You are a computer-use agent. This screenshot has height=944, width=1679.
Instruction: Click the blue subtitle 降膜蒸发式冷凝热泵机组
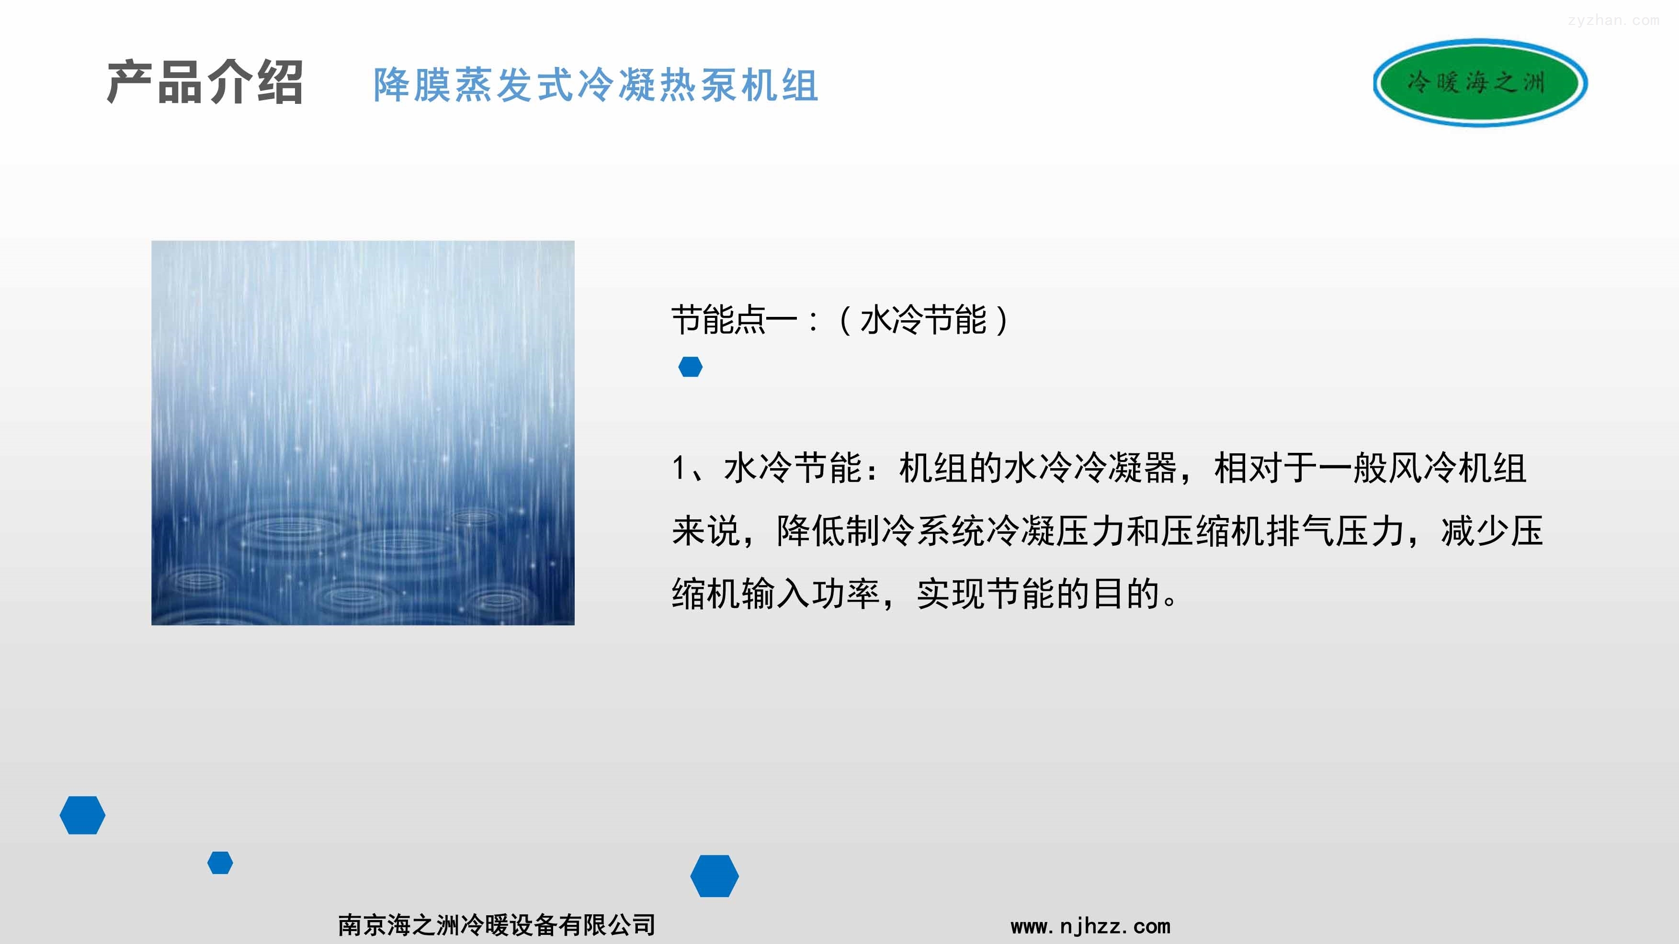596,85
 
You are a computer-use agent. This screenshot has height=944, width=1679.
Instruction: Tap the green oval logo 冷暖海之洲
1480,83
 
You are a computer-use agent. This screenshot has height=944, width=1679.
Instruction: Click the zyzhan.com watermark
1613,20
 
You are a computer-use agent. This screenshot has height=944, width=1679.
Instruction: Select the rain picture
363,433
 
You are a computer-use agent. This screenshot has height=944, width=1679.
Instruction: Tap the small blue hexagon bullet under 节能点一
690,367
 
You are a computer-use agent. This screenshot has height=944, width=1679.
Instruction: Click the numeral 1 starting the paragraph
679,468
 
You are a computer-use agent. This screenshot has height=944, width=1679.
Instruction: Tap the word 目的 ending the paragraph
1126,594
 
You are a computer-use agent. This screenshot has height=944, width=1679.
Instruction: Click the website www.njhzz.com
1090,926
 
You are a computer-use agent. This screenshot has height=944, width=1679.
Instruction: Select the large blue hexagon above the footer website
715,876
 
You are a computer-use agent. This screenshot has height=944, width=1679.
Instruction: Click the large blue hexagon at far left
82,815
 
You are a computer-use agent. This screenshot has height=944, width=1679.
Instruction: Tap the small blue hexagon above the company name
220,863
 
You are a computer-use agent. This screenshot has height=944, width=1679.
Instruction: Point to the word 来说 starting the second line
706,531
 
